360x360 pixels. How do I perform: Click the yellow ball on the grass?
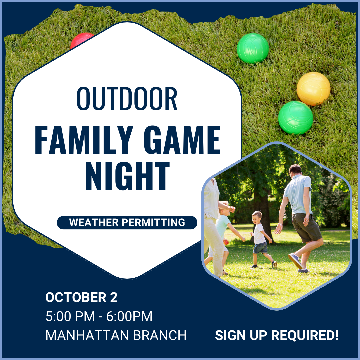click(313, 89)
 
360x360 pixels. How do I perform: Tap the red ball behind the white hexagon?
click(80, 39)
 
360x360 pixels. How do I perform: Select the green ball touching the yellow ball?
click(296, 118)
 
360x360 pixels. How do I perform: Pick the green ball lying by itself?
click(253, 48)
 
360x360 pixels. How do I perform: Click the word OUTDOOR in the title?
click(127, 99)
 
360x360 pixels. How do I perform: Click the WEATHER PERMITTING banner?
click(127, 222)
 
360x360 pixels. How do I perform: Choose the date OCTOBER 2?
click(81, 298)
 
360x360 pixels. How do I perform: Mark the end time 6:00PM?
click(129, 317)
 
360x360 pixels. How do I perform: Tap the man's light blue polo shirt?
click(298, 193)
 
